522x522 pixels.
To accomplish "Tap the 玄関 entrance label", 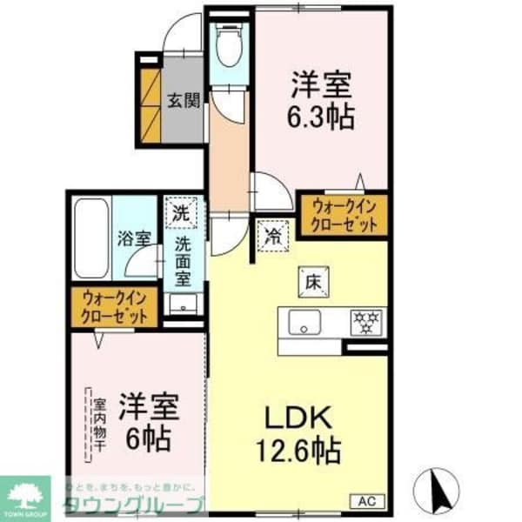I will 184,99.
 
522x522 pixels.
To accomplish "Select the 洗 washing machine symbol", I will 180,210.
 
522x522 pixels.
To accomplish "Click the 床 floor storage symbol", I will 313,281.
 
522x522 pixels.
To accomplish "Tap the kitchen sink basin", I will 305,321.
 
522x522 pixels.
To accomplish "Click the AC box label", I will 368,500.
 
